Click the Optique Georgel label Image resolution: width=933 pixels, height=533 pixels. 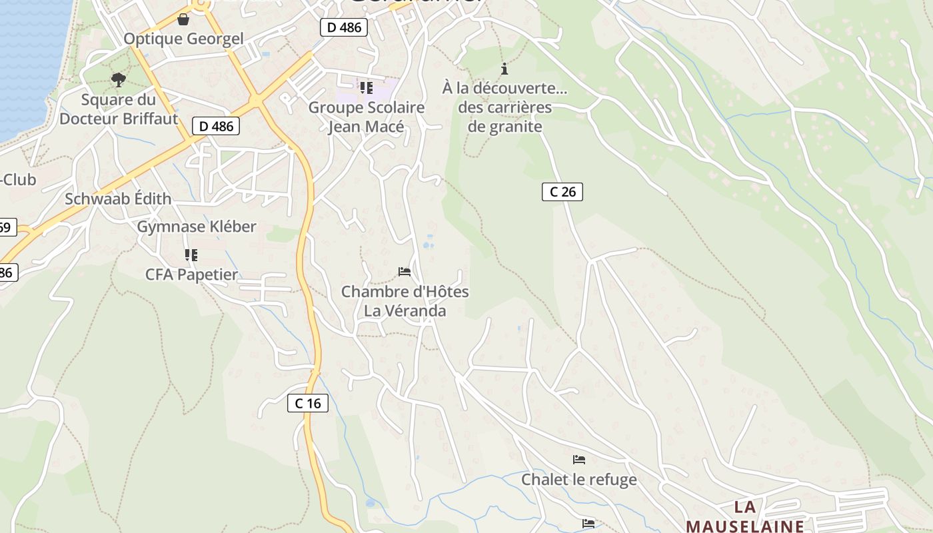[x=183, y=39]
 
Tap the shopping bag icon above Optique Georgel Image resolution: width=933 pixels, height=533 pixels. [x=183, y=19]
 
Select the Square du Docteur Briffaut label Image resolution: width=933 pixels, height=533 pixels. [x=119, y=109]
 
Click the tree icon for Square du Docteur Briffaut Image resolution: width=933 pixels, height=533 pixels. [x=119, y=81]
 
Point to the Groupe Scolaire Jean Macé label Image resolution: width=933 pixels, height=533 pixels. [x=366, y=117]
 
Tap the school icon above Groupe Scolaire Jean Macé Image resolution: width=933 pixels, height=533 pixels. [x=366, y=87]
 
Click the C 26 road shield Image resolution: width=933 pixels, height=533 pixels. [x=562, y=192]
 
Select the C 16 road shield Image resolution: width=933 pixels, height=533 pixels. [x=308, y=403]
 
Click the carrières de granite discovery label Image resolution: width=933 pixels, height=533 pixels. [x=505, y=107]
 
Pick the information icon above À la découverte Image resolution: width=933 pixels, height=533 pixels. [x=504, y=69]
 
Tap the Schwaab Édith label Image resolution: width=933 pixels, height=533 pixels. [x=118, y=199]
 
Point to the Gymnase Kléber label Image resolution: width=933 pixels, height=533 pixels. [x=197, y=227]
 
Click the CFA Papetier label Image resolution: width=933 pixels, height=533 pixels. [x=191, y=274]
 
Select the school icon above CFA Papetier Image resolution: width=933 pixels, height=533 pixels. [x=191, y=255]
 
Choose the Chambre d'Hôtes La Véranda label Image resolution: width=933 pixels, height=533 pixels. [x=405, y=301]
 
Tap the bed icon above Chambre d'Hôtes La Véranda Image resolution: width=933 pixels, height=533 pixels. [x=405, y=272]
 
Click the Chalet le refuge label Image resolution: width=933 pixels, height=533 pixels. [x=578, y=479]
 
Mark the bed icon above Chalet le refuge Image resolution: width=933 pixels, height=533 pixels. [x=578, y=460]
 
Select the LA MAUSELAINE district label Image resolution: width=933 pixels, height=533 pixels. [x=744, y=516]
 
